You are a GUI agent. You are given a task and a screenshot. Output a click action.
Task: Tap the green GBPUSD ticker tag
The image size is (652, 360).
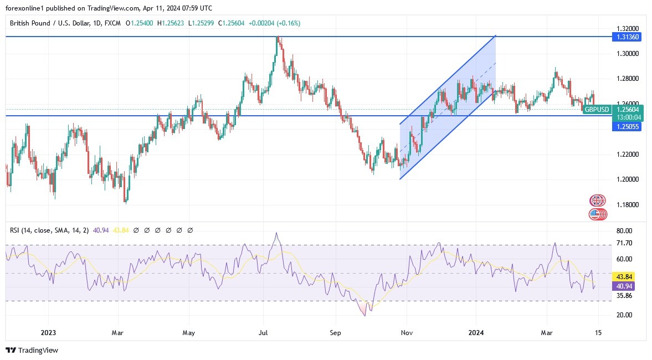point(598,110)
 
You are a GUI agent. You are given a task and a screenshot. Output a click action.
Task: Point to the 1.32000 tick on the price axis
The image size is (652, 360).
point(628,28)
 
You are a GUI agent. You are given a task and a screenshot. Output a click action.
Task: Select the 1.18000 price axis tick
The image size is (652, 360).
point(628,205)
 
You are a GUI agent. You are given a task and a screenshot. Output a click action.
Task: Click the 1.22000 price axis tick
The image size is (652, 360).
point(628,154)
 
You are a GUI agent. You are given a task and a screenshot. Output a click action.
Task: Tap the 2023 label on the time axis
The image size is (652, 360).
point(48,333)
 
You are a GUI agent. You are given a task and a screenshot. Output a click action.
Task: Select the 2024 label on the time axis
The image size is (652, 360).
point(476,333)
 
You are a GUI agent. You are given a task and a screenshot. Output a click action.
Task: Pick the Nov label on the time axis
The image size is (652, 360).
point(407,333)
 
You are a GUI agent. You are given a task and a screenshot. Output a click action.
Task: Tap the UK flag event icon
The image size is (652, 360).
point(597,200)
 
